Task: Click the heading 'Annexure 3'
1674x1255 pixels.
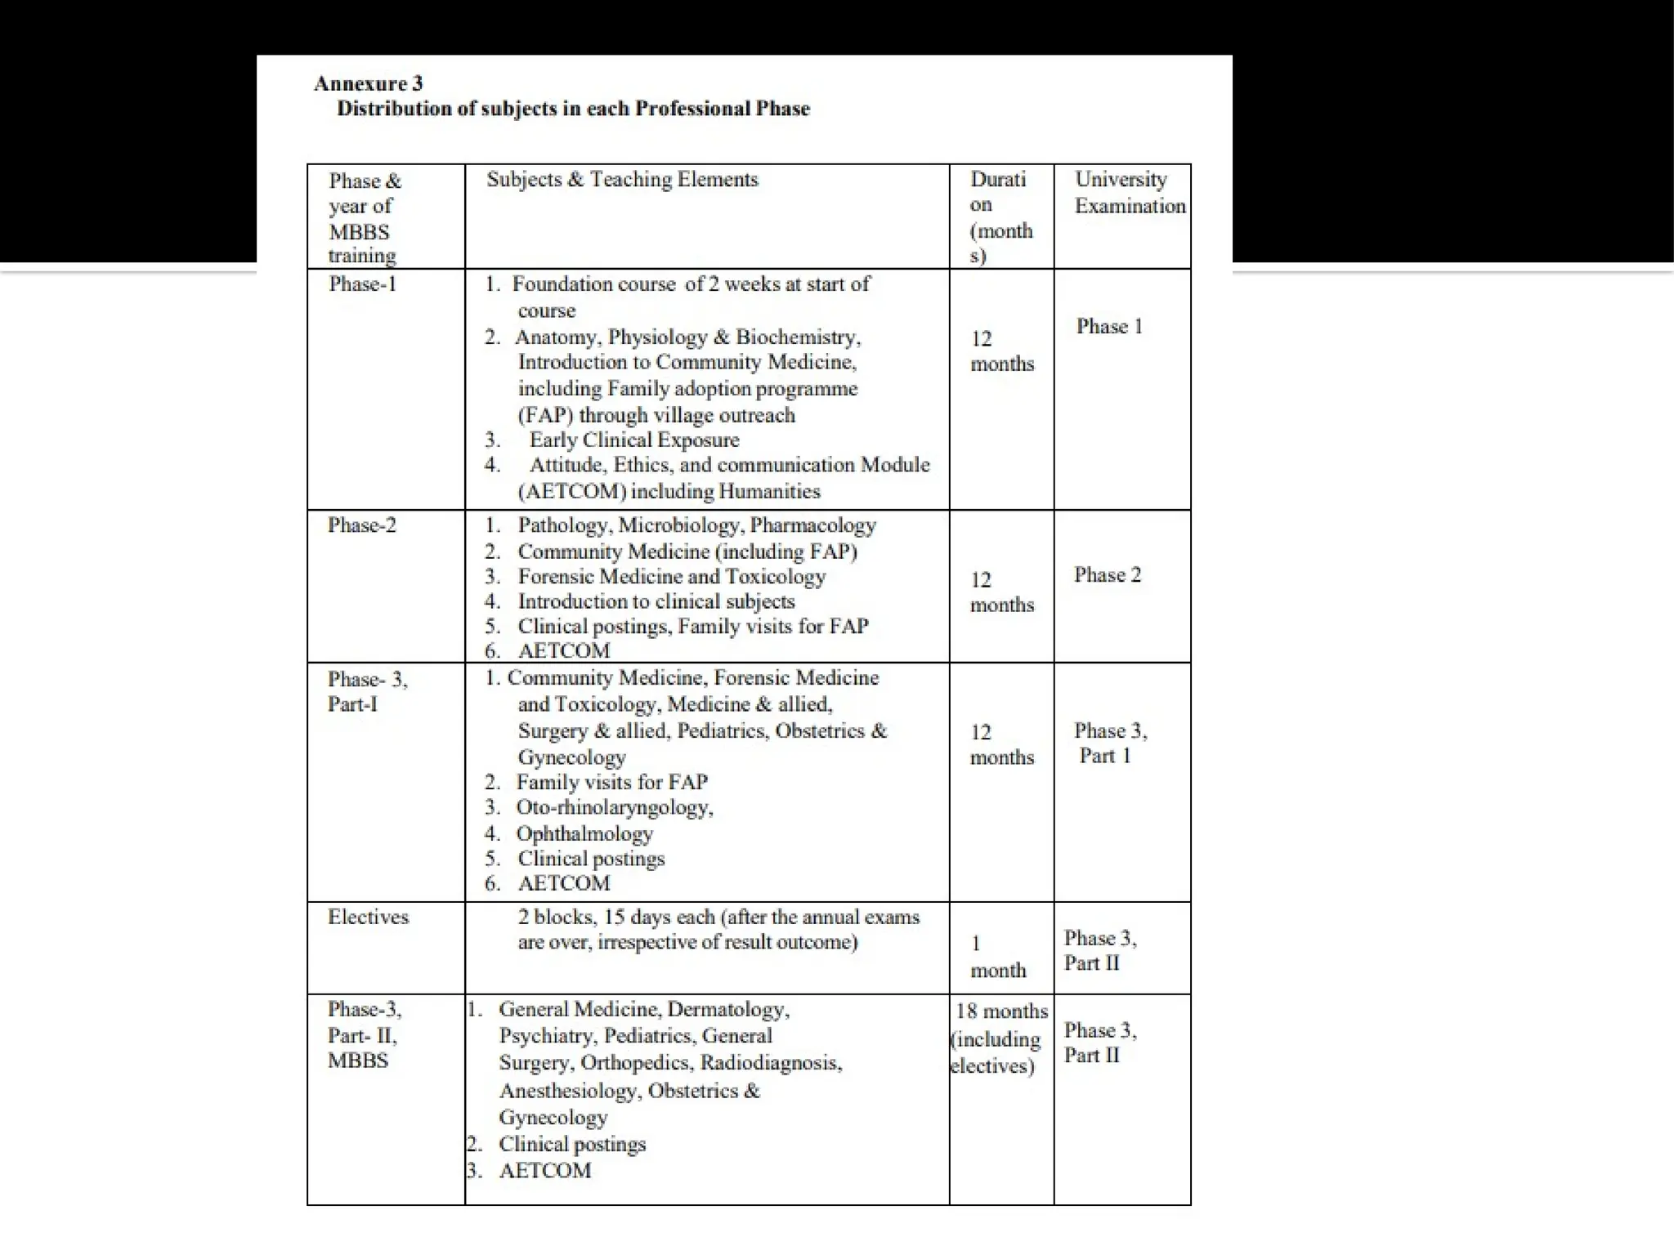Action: (368, 83)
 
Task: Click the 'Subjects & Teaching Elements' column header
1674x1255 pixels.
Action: (622, 180)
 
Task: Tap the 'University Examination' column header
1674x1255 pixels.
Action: (1130, 193)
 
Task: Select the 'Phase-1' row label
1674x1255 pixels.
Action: (362, 284)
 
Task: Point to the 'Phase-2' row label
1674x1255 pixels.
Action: (362, 525)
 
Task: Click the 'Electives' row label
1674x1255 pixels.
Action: (368, 917)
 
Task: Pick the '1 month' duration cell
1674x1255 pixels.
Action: (997, 957)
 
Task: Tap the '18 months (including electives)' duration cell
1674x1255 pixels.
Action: (999, 1038)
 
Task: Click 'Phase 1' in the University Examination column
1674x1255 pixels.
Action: (1109, 327)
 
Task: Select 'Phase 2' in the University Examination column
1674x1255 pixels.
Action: (1108, 575)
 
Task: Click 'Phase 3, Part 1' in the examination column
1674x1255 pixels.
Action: (1109, 743)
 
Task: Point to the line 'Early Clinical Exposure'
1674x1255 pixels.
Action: (634, 440)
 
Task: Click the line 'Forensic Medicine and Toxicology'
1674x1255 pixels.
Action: (671, 577)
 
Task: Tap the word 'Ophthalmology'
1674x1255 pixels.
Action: (584, 834)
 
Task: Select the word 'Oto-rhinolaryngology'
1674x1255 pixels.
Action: (613, 808)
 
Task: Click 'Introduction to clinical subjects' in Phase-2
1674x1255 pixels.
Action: (656, 602)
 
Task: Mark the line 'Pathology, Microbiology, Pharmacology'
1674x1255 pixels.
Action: (696, 525)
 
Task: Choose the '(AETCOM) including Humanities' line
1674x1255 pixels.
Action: (669, 492)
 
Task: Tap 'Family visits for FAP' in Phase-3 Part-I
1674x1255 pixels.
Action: (611, 783)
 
